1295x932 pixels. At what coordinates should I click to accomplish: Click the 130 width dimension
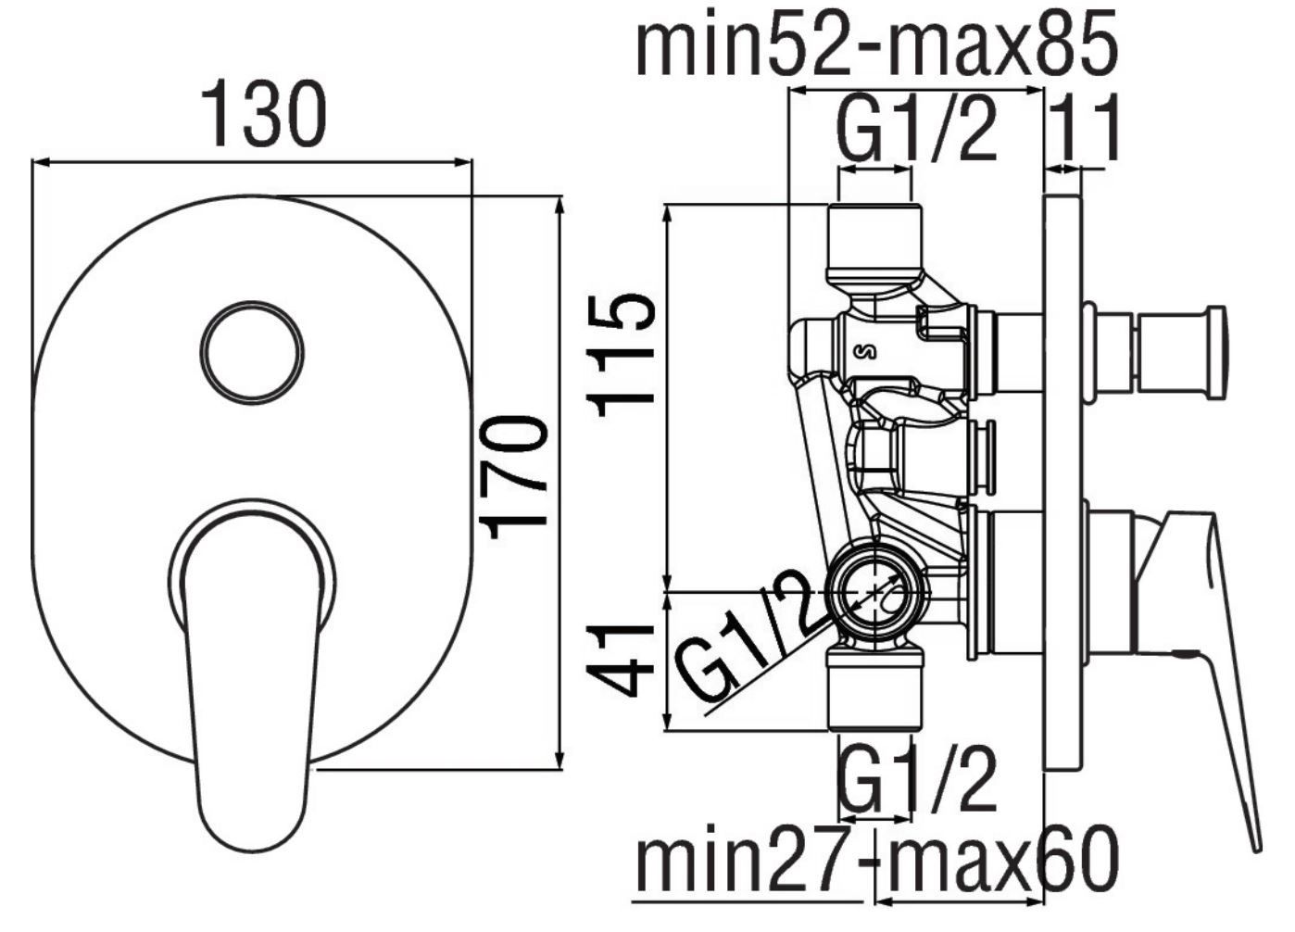(264, 115)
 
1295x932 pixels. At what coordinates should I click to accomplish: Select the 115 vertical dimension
(621, 356)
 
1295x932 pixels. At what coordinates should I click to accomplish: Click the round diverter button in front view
(252, 352)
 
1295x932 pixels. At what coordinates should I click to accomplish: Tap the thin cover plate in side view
(1062, 484)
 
